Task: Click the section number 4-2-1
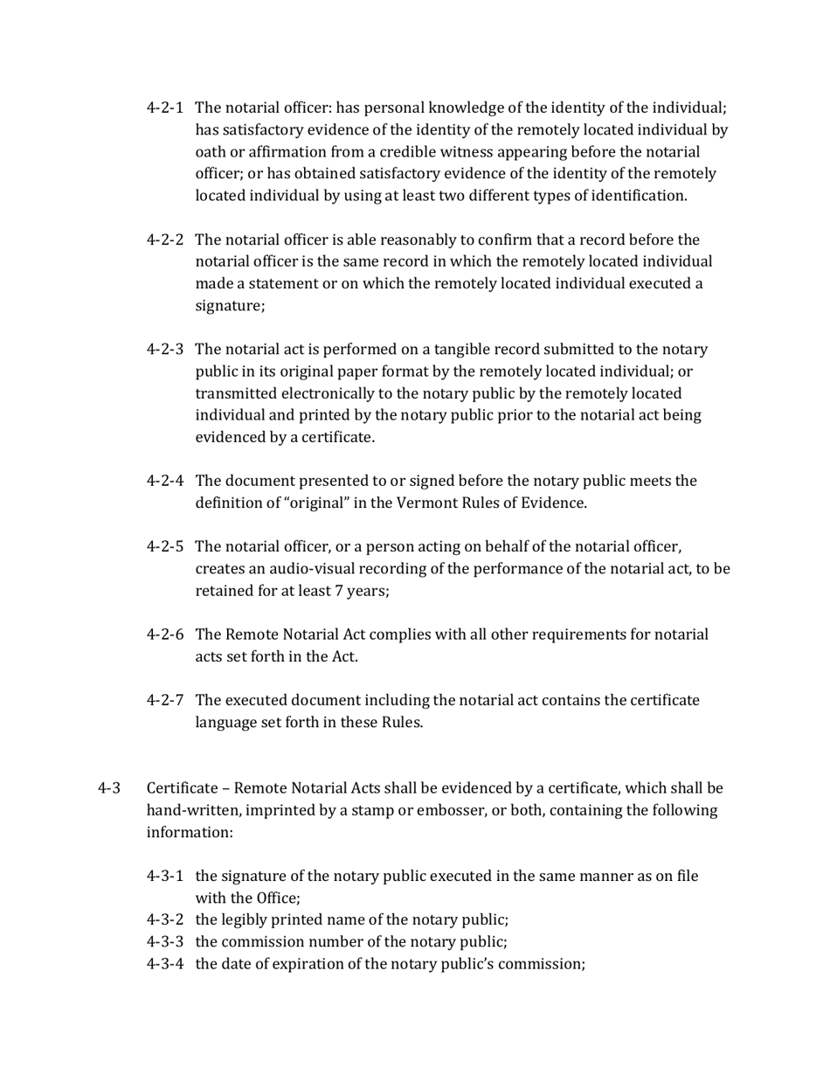(164, 108)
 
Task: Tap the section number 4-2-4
(164, 481)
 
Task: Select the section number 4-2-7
(164, 700)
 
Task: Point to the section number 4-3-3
(164, 942)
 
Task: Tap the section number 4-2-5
(164, 547)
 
